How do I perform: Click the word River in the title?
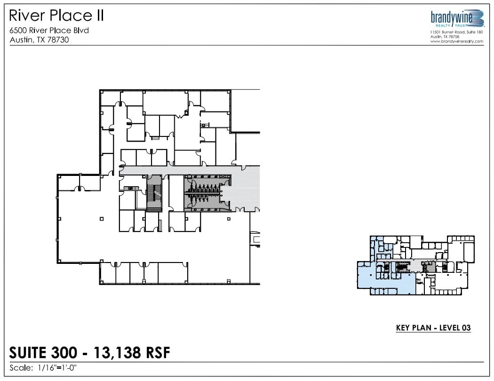pos(26,16)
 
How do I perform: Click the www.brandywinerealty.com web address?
pos(457,41)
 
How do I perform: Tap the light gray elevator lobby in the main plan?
pos(245,188)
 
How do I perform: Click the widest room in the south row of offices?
pos(173,273)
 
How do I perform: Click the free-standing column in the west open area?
pos(102,219)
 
